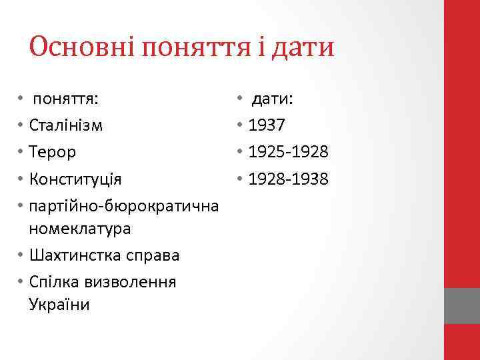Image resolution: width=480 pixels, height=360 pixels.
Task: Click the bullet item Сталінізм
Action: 66,125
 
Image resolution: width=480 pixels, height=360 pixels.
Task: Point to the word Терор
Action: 53,152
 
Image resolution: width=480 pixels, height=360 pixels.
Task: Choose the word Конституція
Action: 76,179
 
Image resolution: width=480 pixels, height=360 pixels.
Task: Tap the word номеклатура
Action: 80,229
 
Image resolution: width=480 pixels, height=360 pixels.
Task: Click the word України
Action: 59,305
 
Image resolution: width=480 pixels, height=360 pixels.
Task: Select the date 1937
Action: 266,125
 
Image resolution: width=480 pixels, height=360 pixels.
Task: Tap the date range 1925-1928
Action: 288,152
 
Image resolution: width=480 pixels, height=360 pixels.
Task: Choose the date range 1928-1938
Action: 288,179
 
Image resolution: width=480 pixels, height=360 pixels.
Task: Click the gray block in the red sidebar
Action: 462,306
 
